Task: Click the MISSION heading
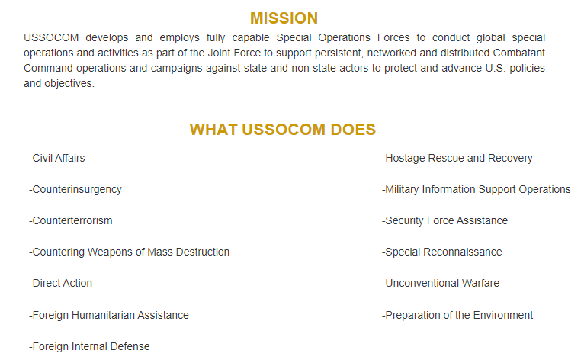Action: pyautogui.click(x=284, y=18)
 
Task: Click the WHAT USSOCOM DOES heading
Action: pyautogui.click(x=283, y=130)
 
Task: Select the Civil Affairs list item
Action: pyautogui.click(x=57, y=158)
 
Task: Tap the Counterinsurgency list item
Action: pyautogui.click(x=75, y=190)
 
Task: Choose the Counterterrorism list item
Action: pyautogui.click(x=71, y=220)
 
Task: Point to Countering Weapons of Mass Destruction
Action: pyautogui.click(x=130, y=252)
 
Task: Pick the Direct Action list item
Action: pyautogui.click(x=61, y=283)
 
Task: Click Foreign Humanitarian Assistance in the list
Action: pyautogui.click(x=109, y=315)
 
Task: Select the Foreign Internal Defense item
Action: pyautogui.click(x=89, y=346)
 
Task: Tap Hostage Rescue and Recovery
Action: pyautogui.click(x=457, y=159)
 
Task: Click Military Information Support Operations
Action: pyautogui.click(x=477, y=190)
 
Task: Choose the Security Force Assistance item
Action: pyautogui.click(x=444, y=220)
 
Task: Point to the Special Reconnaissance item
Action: pyautogui.click(x=441, y=252)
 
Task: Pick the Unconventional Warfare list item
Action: pyautogui.click(x=441, y=283)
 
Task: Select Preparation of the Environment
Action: pyautogui.click(x=457, y=315)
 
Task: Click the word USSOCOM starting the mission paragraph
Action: pyautogui.click(x=51, y=37)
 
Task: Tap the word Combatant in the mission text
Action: pyautogui.click(x=519, y=53)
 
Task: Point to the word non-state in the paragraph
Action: pyautogui.click(x=313, y=68)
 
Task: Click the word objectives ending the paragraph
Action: pyautogui.click(x=69, y=83)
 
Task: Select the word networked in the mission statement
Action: pyautogui.click(x=391, y=53)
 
